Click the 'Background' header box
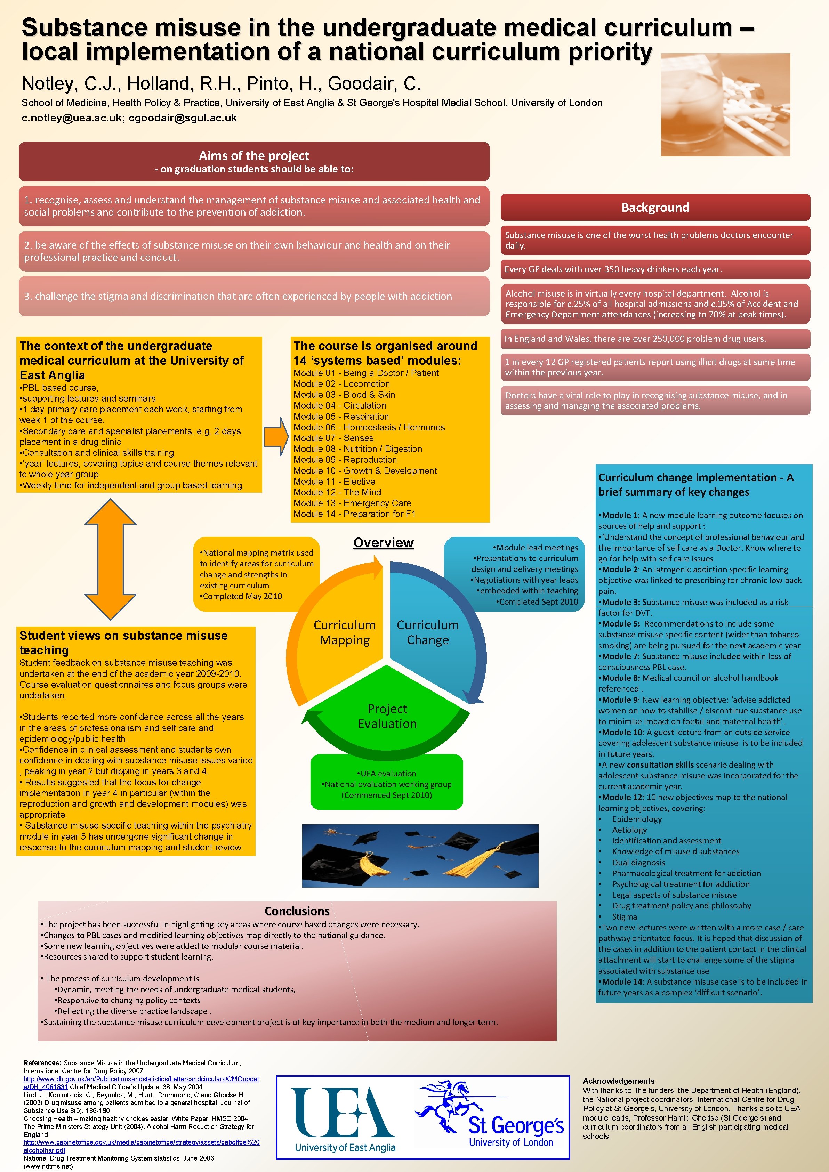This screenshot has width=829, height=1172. pos(655,207)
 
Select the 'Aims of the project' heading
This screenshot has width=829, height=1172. pos(254,156)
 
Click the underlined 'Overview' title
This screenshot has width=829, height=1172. pos(383,543)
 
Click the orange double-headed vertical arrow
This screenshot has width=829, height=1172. pos(110,559)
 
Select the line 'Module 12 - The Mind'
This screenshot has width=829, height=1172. pos(337,492)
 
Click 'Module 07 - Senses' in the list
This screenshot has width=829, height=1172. pos(333,438)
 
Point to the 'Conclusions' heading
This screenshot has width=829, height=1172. pos(297,911)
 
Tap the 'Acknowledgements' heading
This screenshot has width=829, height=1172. pos(618,1081)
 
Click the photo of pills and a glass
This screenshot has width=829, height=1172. pos(725,105)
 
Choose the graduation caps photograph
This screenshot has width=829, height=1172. pos(420,856)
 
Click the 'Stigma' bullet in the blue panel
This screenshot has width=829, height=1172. pos(624,917)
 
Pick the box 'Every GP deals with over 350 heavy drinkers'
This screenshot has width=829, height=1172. pos(655,269)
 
